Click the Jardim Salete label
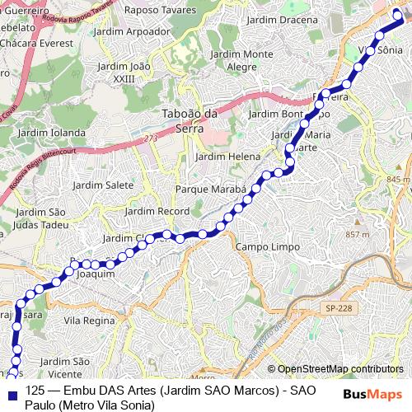[x=103, y=185]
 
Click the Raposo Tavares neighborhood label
[x=160, y=11]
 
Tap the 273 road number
[x=149, y=138]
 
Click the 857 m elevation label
[x=358, y=235]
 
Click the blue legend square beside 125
[x=12, y=391]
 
